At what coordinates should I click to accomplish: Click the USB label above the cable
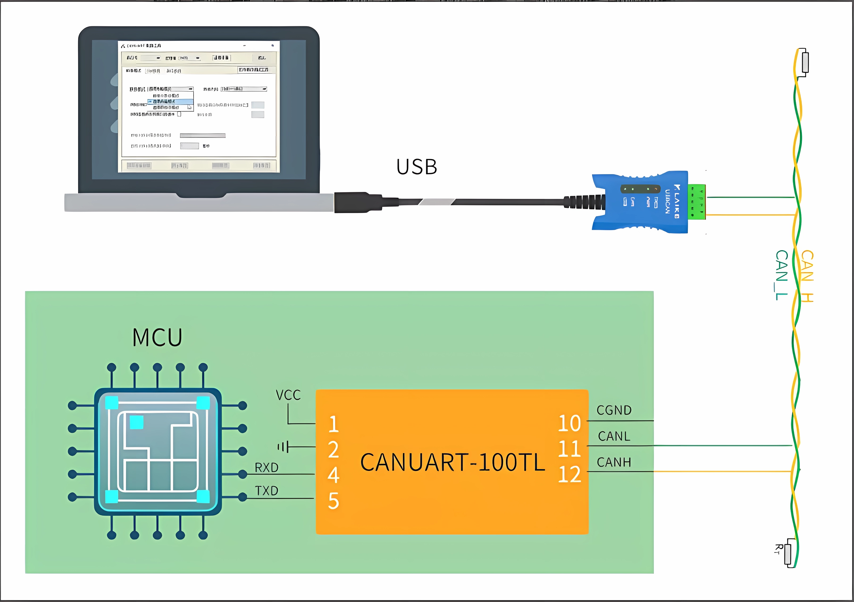(x=417, y=167)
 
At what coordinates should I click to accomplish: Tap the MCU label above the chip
(x=157, y=337)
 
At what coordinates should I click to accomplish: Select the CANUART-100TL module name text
(x=452, y=462)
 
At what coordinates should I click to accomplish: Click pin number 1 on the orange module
(x=334, y=424)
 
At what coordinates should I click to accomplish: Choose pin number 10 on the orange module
(x=569, y=423)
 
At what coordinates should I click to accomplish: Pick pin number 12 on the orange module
(x=569, y=474)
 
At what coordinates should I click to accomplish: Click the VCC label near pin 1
(x=288, y=395)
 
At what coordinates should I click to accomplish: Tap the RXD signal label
(x=267, y=467)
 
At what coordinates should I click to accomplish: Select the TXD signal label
(x=267, y=491)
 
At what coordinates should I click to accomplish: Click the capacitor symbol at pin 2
(x=283, y=446)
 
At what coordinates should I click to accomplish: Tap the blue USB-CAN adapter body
(x=640, y=202)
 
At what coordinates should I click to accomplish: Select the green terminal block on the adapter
(x=696, y=202)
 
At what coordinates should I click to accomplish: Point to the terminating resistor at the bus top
(x=805, y=62)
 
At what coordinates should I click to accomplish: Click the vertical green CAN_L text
(x=781, y=275)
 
